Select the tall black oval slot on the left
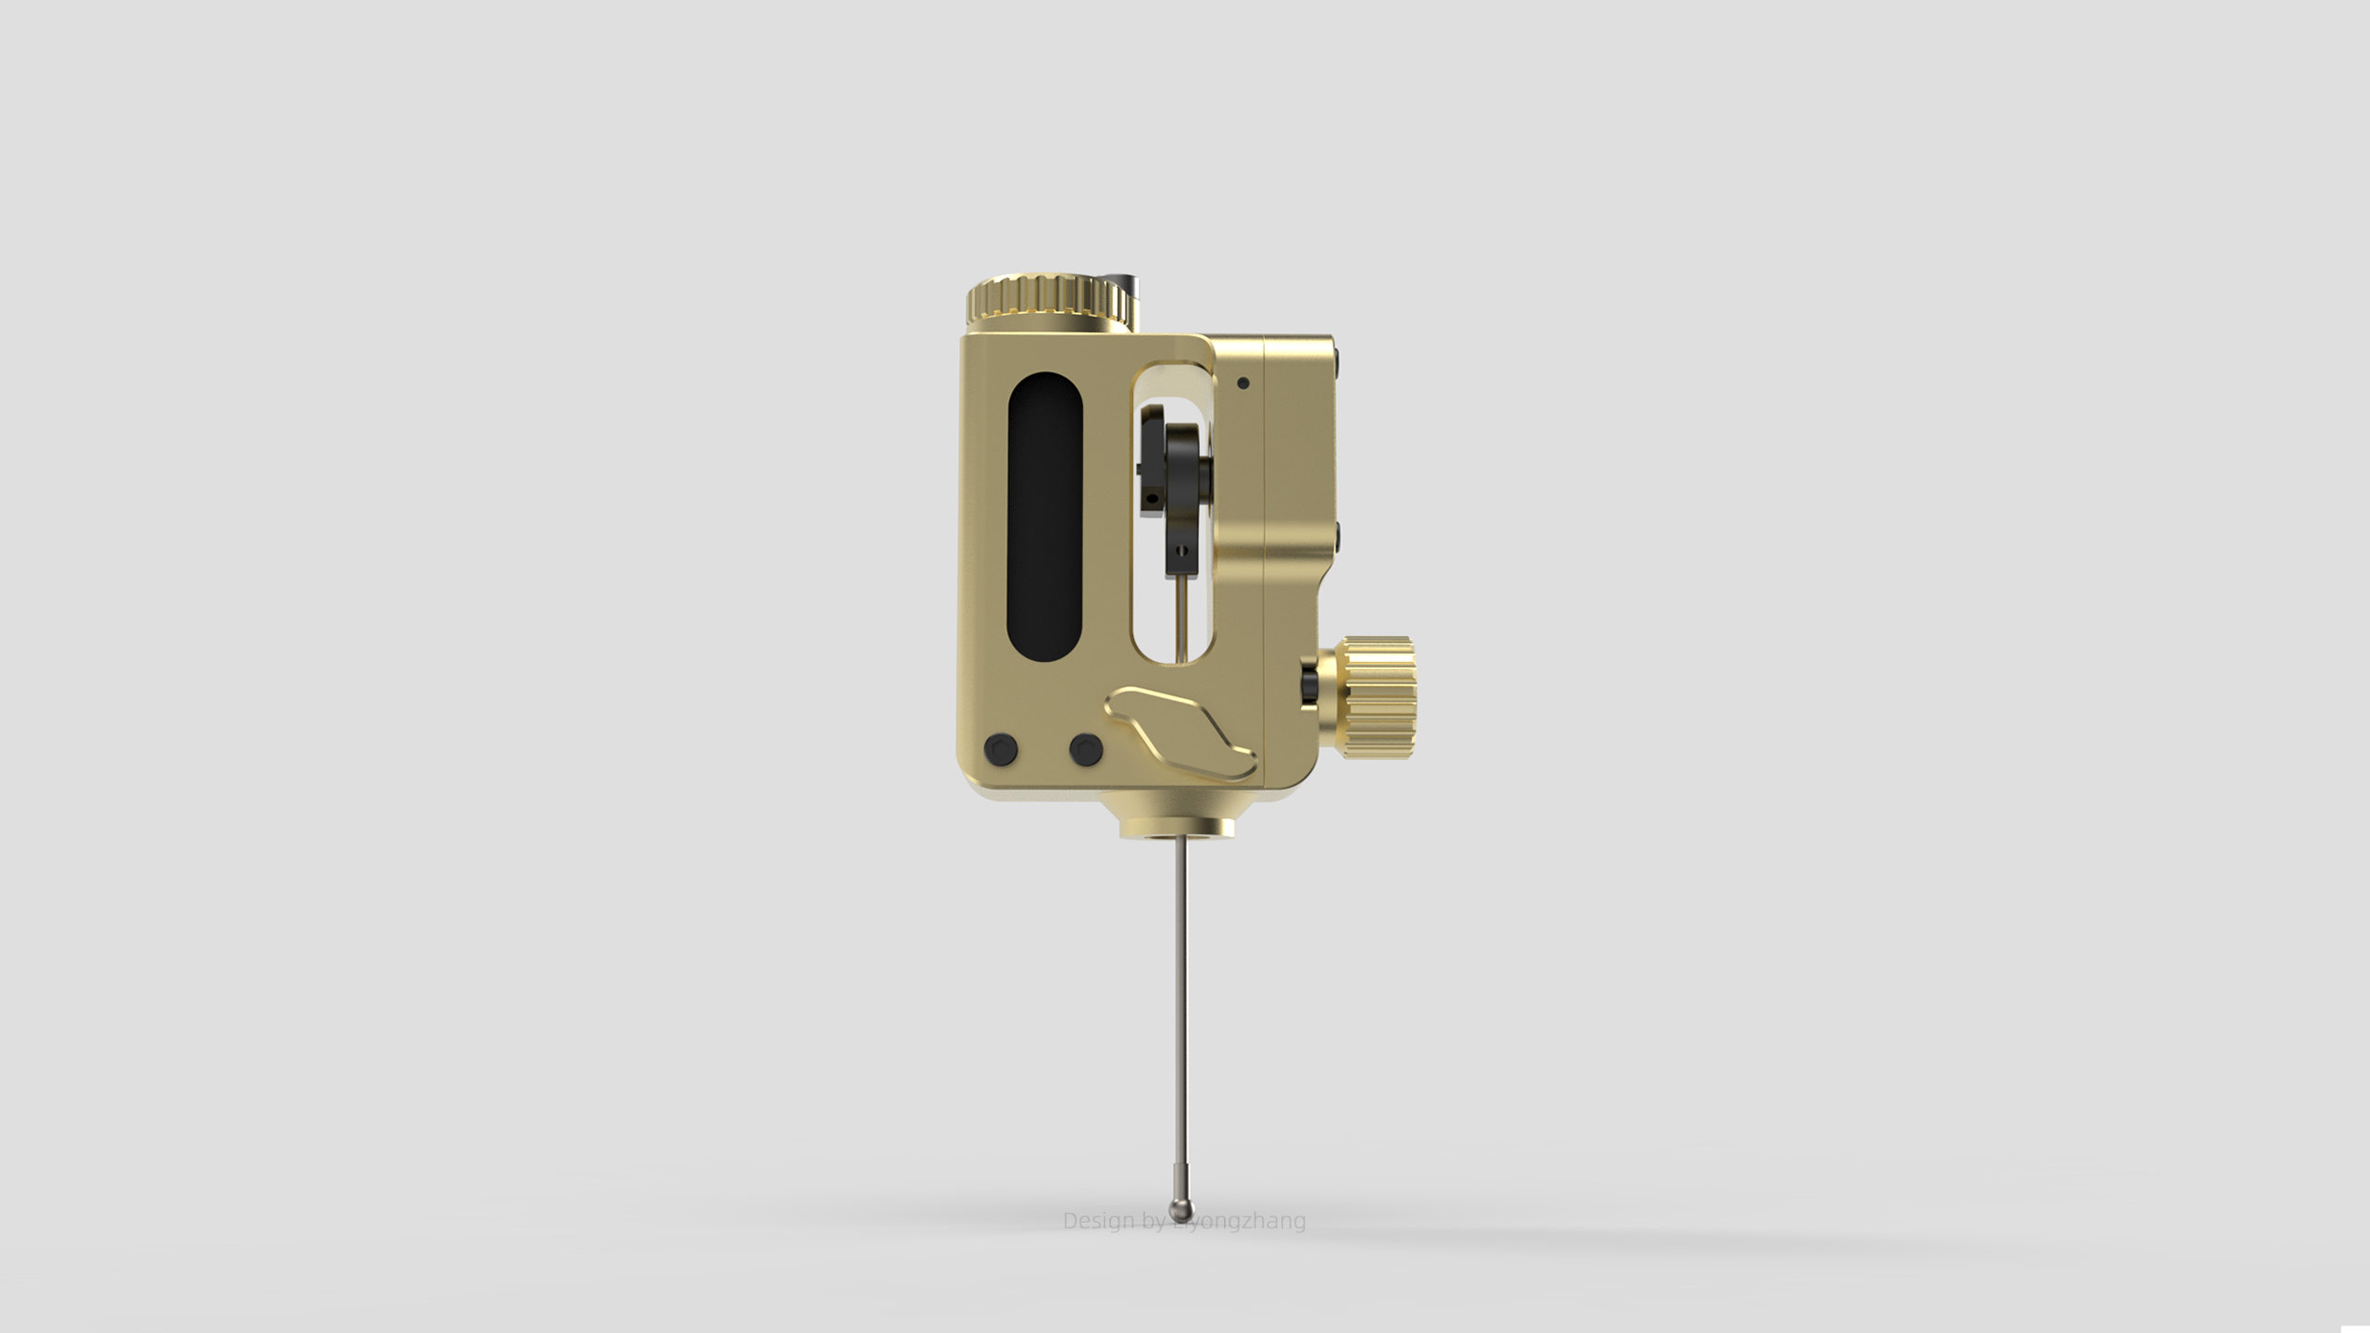pyautogui.click(x=1044, y=517)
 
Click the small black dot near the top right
pyautogui.click(x=1243, y=382)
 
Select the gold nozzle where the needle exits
pyautogui.click(x=1177, y=823)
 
